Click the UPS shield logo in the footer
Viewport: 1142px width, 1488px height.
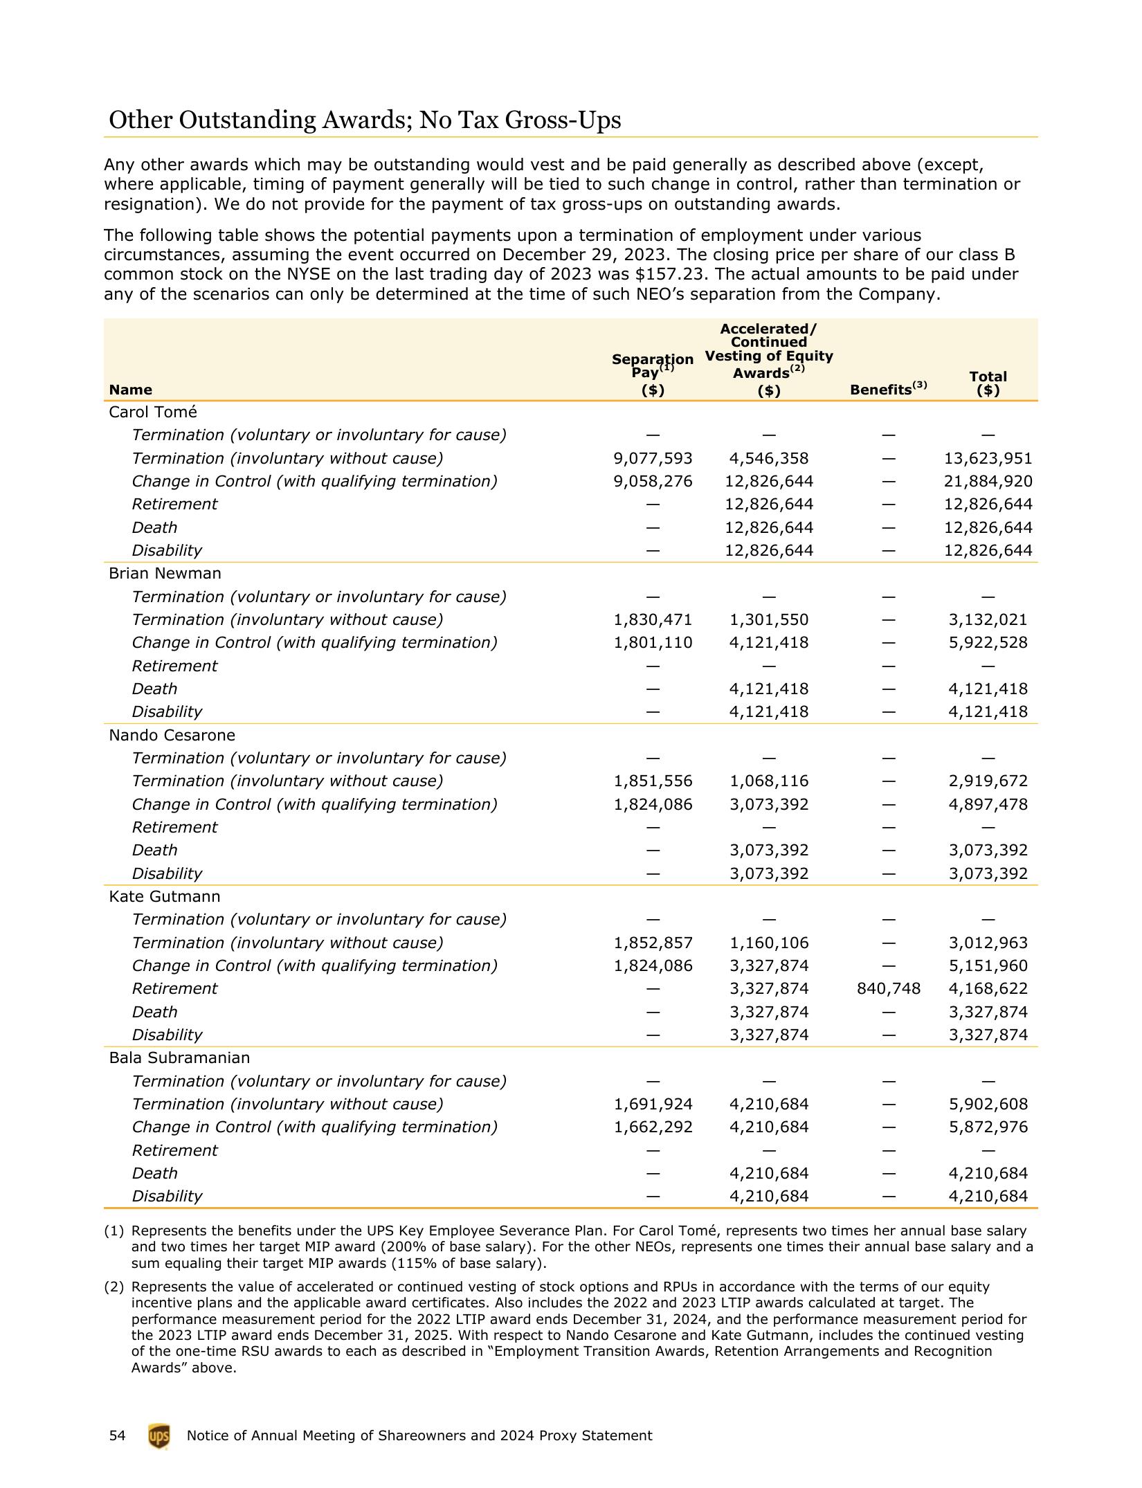pyautogui.click(x=158, y=1436)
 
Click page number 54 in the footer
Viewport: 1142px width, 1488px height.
pyautogui.click(x=117, y=1436)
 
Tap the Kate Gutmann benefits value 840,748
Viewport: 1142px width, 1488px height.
pyautogui.click(x=888, y=988)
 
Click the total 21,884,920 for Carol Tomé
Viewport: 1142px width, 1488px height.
pyautogui.click(x=988, y=481)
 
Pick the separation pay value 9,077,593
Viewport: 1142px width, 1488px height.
pyautogui.click(x=653, y=458)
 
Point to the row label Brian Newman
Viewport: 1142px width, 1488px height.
pyautogui.click(x=165, y=573)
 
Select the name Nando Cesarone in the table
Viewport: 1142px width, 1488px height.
pyautogui.click(x=172, y=735)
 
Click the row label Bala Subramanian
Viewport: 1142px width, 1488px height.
pyautogui.click(x=179, y=1058)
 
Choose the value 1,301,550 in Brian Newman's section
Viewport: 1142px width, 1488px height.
pyautogui.click(x=768, y=619)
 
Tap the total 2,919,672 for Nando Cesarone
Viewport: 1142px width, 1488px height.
pyautogui.click(x=988, y=781)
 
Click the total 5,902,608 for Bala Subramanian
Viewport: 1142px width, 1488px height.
pyautogui.click(x=988, y=1104)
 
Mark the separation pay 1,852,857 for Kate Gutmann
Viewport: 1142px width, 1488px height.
pyautogui.click(x=653, y=943)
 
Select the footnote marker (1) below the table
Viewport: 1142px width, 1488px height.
pyautogui.click(x=114, y=1231)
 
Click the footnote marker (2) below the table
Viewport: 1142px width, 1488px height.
pyautogui.click(x=114, y=1287)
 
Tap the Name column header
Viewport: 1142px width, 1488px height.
pyautogui.click(x=130, y=390)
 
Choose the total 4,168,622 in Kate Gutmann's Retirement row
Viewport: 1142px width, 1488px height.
pyautogui.click(x=988, y=988)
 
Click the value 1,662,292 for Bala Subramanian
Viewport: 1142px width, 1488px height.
pyautogui.click(x=653, y=1127)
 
